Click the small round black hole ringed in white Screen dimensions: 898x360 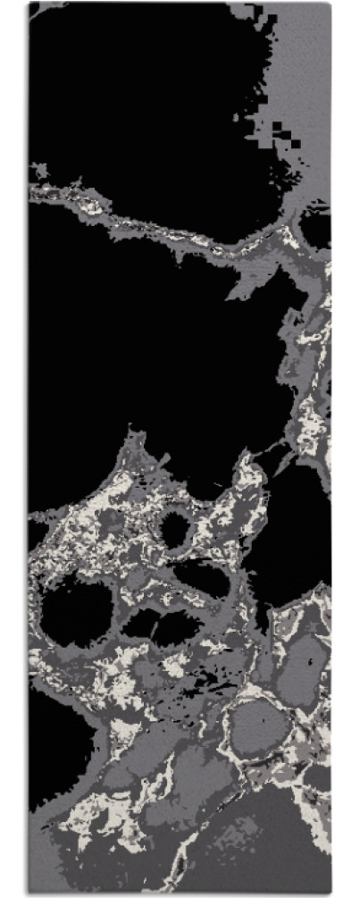tap(176, 529)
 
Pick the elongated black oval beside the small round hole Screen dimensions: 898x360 tap(204, 579)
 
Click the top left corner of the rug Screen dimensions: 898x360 tap(29, 4)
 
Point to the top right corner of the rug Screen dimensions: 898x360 tap(331, 4)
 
